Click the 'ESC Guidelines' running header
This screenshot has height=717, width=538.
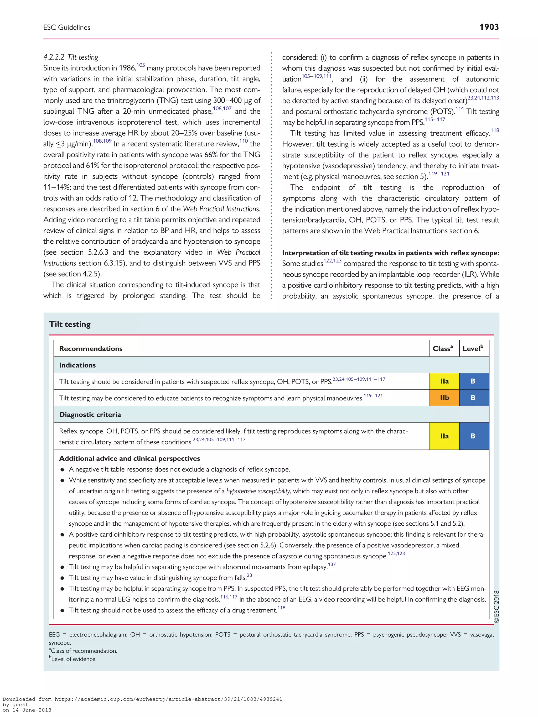(67, 28)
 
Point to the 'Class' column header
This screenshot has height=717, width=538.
(443, 348)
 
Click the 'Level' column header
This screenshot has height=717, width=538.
(473, 348)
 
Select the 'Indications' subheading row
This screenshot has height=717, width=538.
(77, 365)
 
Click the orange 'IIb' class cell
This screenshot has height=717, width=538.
(444, 398)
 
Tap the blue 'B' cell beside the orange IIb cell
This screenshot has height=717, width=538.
(473, 398)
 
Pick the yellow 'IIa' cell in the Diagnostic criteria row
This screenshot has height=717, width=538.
(444, 436)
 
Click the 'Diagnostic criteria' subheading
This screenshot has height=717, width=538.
(90, 415)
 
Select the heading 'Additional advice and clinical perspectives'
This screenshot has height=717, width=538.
(130, 458)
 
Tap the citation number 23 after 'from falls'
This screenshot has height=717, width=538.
(249, 575)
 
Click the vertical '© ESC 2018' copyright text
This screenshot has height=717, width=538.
(496, 606)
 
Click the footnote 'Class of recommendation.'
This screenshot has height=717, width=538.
(83, 651)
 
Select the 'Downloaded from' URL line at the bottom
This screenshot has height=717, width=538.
(142, 699)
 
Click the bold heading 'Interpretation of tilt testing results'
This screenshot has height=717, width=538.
(390, 253)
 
